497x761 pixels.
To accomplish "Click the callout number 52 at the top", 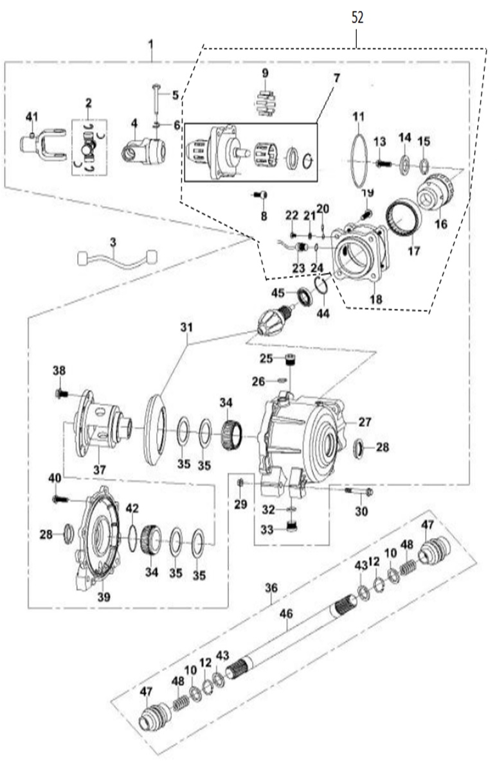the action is pyautogui.click(x=357, y=18).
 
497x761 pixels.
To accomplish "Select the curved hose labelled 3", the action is pyautogui.click(x=117, y=258).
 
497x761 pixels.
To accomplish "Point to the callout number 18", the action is pyautogui.click(x=376, y=299).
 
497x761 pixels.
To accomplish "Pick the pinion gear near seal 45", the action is pyautogui.click(x=274, y=321).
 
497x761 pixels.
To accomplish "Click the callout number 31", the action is pyautogui.click(x=186, y=328).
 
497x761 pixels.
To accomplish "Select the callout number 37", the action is pyautogui.click(x=100, y=470).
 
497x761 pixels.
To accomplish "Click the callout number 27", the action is pyautogui.click(x=365, y=422).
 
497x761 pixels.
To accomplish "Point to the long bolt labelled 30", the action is pyautogui.click(x=359, y=491).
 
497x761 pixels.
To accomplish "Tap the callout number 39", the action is pyautogui.click(x=104, y=597).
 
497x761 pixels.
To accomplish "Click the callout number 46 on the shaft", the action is pyautogui.click(x=286, y=614).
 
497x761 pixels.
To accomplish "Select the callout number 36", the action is pyautogui.click(x=271, y=588).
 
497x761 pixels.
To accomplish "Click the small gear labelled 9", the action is pyautogui.click(x=265, y=103).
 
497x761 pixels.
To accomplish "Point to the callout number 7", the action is pyautogui.click(x=337, y=78).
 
